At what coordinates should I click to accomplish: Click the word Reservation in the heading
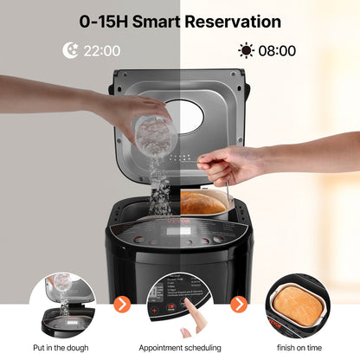coord(238,21)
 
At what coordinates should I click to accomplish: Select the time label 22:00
coord(101,51)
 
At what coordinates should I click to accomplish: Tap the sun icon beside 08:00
coord(247,51)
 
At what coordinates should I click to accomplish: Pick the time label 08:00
coord(277,51)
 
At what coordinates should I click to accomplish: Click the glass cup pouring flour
coord(153,129)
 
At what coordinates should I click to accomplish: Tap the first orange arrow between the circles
coord(123,305)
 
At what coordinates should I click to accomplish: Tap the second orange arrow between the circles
coord(239,305)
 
